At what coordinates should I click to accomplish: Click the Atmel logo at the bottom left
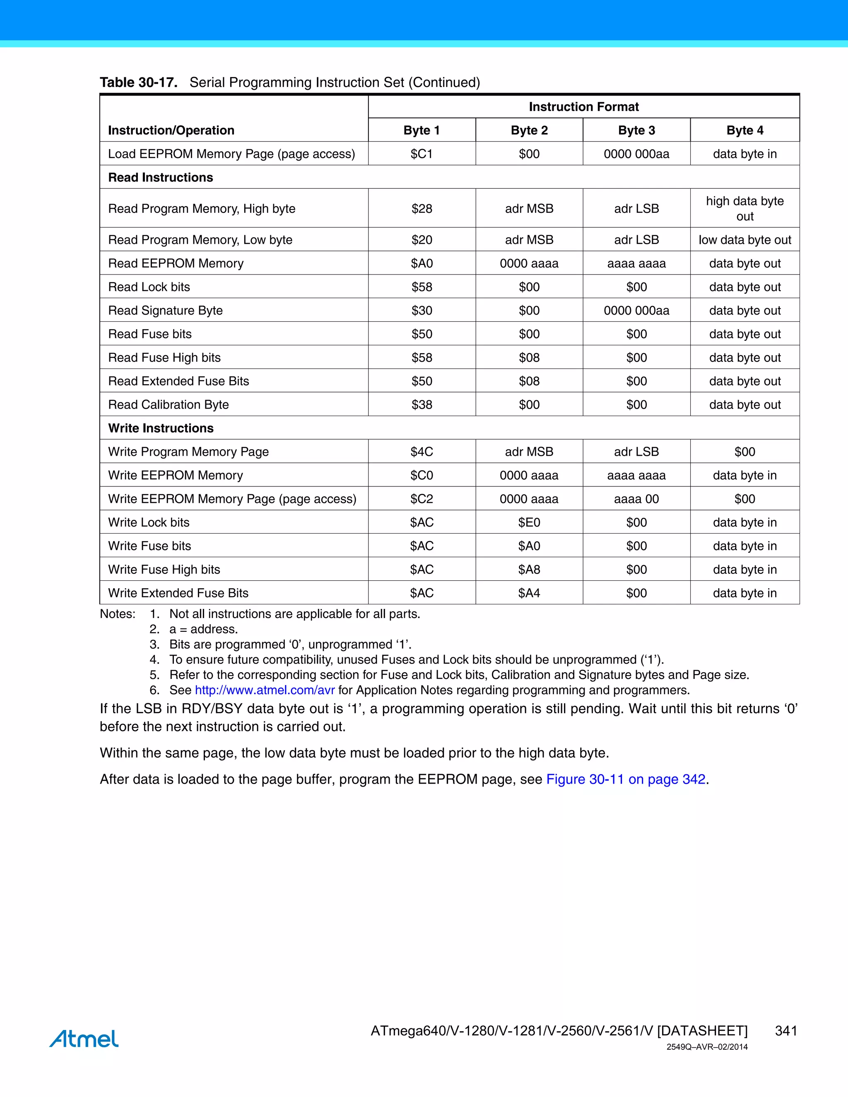pyautogui.click(x=84, y=1038)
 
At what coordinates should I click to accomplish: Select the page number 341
pyautogui.click(x=786, y=1031)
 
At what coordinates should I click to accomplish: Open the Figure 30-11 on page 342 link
pyautogui.click(x=626, y=779)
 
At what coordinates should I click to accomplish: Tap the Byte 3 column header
pyautogui.click(x=636, y=130)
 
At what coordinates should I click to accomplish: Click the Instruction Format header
pyautogui.click(x=583, y=106)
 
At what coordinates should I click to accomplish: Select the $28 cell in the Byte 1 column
pyautogui.click(x=422, y=209)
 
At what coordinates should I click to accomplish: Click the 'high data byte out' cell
pyautogui.click(x=744, y=209)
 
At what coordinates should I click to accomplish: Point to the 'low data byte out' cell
pyautogui.click(x=744, y=240)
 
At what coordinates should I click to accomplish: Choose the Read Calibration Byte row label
pyautogui.click(x=168, y=404)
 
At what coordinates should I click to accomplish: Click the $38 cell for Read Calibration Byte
pyautogui.click(x=422, y=404)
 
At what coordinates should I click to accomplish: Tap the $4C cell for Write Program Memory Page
pyautogui.click(x=422, y=452)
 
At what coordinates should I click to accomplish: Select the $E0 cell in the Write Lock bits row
pyautogui.click(x=529, y=522)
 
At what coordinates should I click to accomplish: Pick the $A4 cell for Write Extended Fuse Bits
pyautogui.click(x=529, y=593)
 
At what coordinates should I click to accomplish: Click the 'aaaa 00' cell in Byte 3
pyautogui.click(x=636, y=499)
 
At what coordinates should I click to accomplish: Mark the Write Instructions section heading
pyautogui.click(x=161, y=428)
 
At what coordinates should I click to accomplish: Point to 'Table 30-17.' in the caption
pyautogui.click(x=139, y=82)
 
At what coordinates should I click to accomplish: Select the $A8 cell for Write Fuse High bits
pyautogui.click(x=529, y=569)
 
